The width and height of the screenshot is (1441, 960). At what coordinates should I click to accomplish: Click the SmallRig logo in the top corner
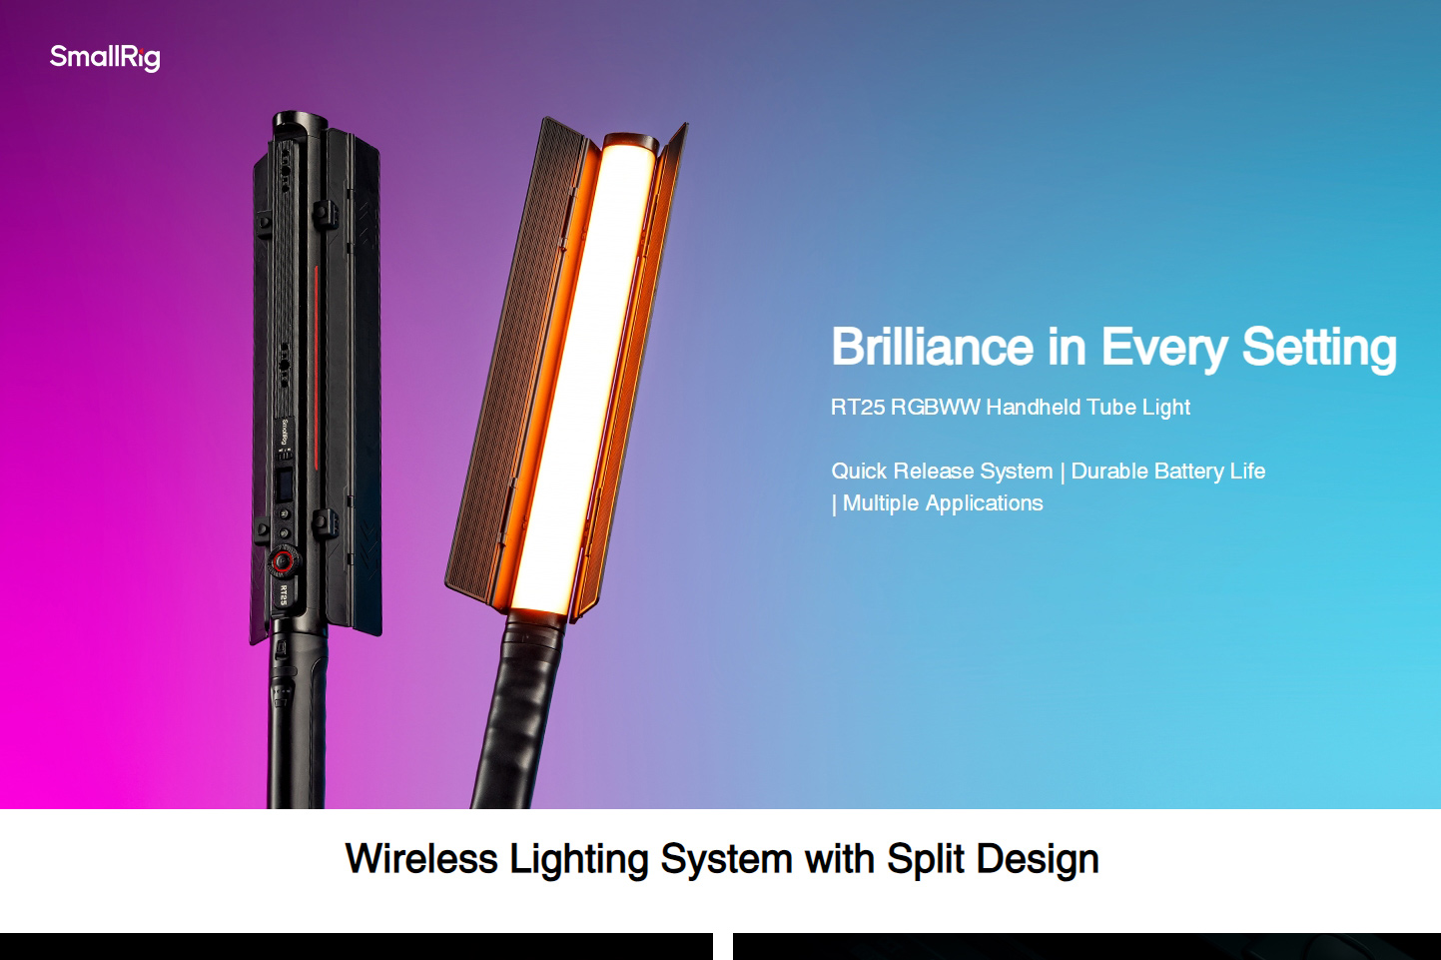pyautogui.click(x=105, y=57)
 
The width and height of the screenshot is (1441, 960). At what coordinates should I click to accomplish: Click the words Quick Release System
pyautogui.click(x=942, y=472)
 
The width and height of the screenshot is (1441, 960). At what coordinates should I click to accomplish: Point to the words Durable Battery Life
pyautogui.click(x=1167, y=472)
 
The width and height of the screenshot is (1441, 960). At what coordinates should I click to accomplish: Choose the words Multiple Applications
pyautogui.click(x=942, y=503)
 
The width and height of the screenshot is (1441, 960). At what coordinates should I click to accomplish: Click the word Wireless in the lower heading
pyautogui.click(x=420, y=859)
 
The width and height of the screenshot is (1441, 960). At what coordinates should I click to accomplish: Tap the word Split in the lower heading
pyautogui.click(x=926, y=859)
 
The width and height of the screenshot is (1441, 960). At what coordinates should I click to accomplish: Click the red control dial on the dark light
pyautogui.click(x=282, y=561)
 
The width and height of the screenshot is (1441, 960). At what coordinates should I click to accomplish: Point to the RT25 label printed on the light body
pyautogui.click(x=283, y=595)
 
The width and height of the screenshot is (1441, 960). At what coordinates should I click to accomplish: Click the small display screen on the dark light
pyautogui.click(x=284, y=485)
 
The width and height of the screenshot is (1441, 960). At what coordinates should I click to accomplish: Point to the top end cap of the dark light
pyautogui.click(x=299, y=121)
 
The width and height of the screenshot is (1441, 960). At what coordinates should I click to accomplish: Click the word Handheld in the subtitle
pyautogui.click(x=1033, y=408)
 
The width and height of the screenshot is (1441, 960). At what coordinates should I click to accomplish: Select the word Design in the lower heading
pyautogui.click(x=1038, y=859)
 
